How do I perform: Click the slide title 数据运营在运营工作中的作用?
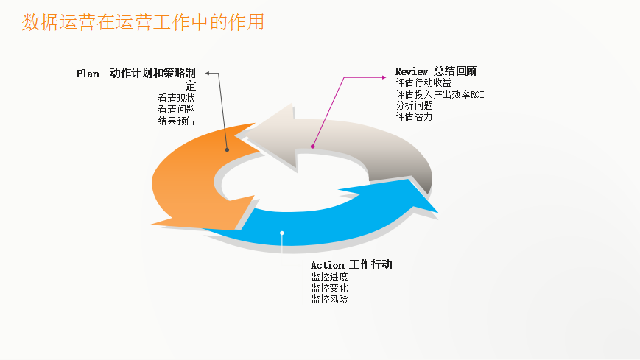[143, 23]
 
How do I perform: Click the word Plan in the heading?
[88, 74]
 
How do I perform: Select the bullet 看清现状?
[176, 98]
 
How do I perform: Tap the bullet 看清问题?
[176, 109]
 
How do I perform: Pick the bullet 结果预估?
[176, 121]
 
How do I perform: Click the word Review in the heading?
[412, 71]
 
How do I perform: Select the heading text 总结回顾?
[455, 71]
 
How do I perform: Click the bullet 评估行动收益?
[423, 83]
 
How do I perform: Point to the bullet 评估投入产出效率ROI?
[440, 94]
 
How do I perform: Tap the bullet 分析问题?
[414, 105]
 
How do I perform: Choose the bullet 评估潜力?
[414, 116]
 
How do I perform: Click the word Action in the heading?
[327, 265]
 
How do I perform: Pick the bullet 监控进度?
[329, 277]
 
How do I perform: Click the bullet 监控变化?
[329, 288]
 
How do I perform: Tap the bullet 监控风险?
[329, 300]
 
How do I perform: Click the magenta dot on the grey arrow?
[312, 147]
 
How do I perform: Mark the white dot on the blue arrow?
[282, 233]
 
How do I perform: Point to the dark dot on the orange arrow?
[227, 149]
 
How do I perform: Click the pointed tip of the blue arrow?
[437, 212]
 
